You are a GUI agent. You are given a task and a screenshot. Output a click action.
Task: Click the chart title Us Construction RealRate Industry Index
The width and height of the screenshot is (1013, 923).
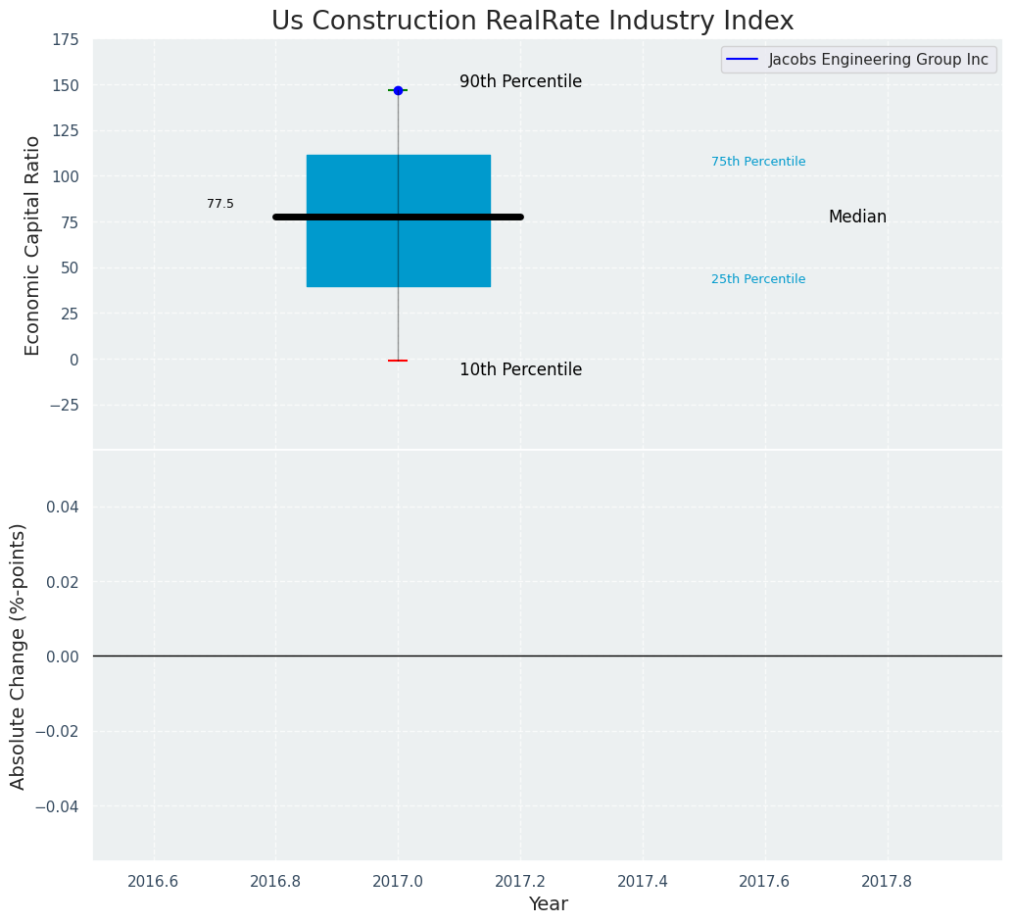[x=532, y=22]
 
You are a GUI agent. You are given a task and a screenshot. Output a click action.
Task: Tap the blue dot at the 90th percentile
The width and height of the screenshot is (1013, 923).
[x=398, y=90]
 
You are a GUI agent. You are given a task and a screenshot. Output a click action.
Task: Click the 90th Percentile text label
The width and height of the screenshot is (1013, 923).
[x=520, y=82]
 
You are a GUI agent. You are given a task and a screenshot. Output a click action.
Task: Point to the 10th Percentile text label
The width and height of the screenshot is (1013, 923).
[x=520, y=370]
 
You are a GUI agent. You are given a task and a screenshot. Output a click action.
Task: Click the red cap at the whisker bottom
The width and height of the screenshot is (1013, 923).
[x=398, y=361]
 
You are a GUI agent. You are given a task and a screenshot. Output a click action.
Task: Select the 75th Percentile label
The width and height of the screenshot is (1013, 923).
[x=758, y=162]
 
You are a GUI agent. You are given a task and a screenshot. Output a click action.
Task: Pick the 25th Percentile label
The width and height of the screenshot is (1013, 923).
[x=758, y=279]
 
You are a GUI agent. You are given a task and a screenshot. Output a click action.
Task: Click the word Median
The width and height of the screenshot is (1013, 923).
[x=857, y=218]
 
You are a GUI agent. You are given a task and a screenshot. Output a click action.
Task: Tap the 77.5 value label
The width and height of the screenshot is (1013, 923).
[x=220, y=204]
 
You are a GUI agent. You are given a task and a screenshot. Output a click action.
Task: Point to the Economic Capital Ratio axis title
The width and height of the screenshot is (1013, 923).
[x=33, y=245]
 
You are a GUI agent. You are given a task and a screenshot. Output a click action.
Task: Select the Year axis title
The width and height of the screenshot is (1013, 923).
[x=548, y=904]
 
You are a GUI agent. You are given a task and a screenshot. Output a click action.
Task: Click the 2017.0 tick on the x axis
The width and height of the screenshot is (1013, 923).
[x=398, y=881]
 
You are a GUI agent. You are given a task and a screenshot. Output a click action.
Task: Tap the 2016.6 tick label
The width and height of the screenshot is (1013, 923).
[x=154, y=881]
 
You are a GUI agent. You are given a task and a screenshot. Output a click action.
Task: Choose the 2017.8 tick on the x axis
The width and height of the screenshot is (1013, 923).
[x=887, y=881]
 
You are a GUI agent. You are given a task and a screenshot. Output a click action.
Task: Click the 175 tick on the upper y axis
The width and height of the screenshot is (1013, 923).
[x=67, y=40]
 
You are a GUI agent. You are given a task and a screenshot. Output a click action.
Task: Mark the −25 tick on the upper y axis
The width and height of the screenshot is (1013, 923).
[x=62, y=405]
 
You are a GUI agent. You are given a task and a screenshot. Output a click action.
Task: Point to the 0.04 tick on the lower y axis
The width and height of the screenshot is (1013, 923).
[x=66, y=507]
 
